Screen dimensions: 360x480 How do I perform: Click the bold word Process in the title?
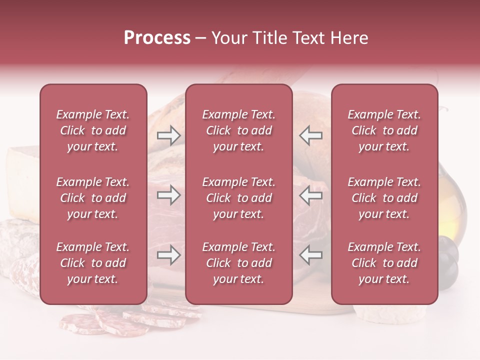point(157,38)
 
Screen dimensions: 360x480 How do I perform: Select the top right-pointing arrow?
point(168,135)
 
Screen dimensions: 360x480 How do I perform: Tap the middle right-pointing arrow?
point(168,195)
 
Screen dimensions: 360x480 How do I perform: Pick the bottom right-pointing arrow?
point(168,255)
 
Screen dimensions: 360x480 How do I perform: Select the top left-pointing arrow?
point(310,135)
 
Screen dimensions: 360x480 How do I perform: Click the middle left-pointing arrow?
point(310,195)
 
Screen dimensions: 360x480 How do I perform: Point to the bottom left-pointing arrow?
point(310,255)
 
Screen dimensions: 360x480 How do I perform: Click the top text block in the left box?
point(93,130)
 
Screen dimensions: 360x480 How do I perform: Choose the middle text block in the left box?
point(93,198)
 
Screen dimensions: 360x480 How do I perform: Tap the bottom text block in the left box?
point(93,263)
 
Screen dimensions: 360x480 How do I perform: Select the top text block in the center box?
point(238,130)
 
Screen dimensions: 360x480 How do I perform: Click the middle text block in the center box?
point(238,198)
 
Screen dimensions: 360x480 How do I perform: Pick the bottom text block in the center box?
point(238,263)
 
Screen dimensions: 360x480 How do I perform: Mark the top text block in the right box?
point(384,130)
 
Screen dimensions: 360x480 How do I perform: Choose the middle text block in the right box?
point(384,198)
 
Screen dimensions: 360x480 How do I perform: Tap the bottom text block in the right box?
point(384,263)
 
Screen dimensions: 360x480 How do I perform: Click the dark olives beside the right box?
point(448,260)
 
